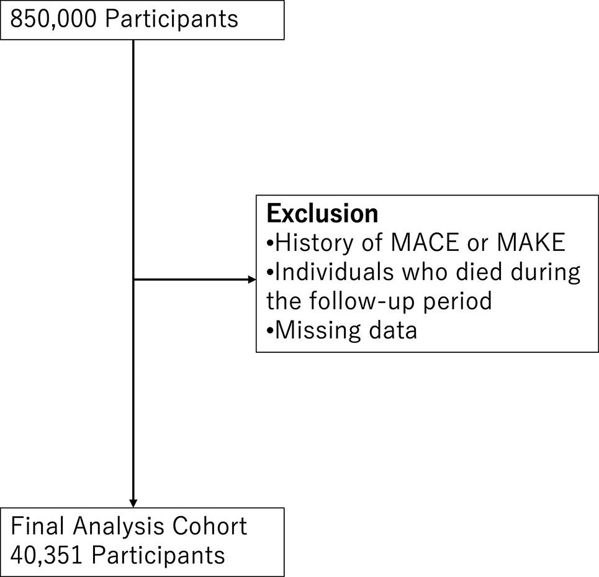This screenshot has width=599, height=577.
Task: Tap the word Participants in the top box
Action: (171, 19)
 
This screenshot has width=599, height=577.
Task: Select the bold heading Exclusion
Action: (322, 214)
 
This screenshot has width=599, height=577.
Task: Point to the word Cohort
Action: (210, 526)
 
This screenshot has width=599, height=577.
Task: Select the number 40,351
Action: (47, 555)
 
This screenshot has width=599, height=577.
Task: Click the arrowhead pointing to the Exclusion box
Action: (251, 280)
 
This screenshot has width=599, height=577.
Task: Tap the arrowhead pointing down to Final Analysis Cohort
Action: (133, 503)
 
